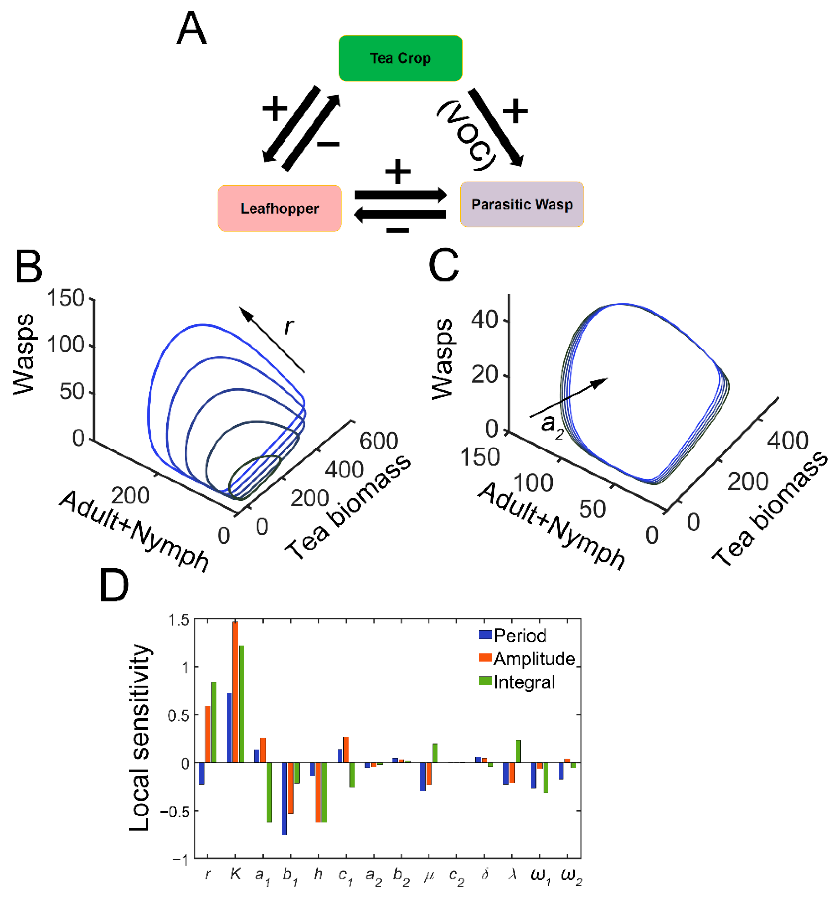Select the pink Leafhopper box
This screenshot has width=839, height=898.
point(279,208)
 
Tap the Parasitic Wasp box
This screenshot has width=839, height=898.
point(521,204)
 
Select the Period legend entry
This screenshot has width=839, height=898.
point(520,636)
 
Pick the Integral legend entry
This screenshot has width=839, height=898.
point(523,682)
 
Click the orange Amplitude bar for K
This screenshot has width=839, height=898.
point(235,692)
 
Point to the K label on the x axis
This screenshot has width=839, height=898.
point(235,874)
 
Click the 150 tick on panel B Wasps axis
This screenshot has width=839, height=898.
point(66,299)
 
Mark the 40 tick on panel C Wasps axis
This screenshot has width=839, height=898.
point(484,320)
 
